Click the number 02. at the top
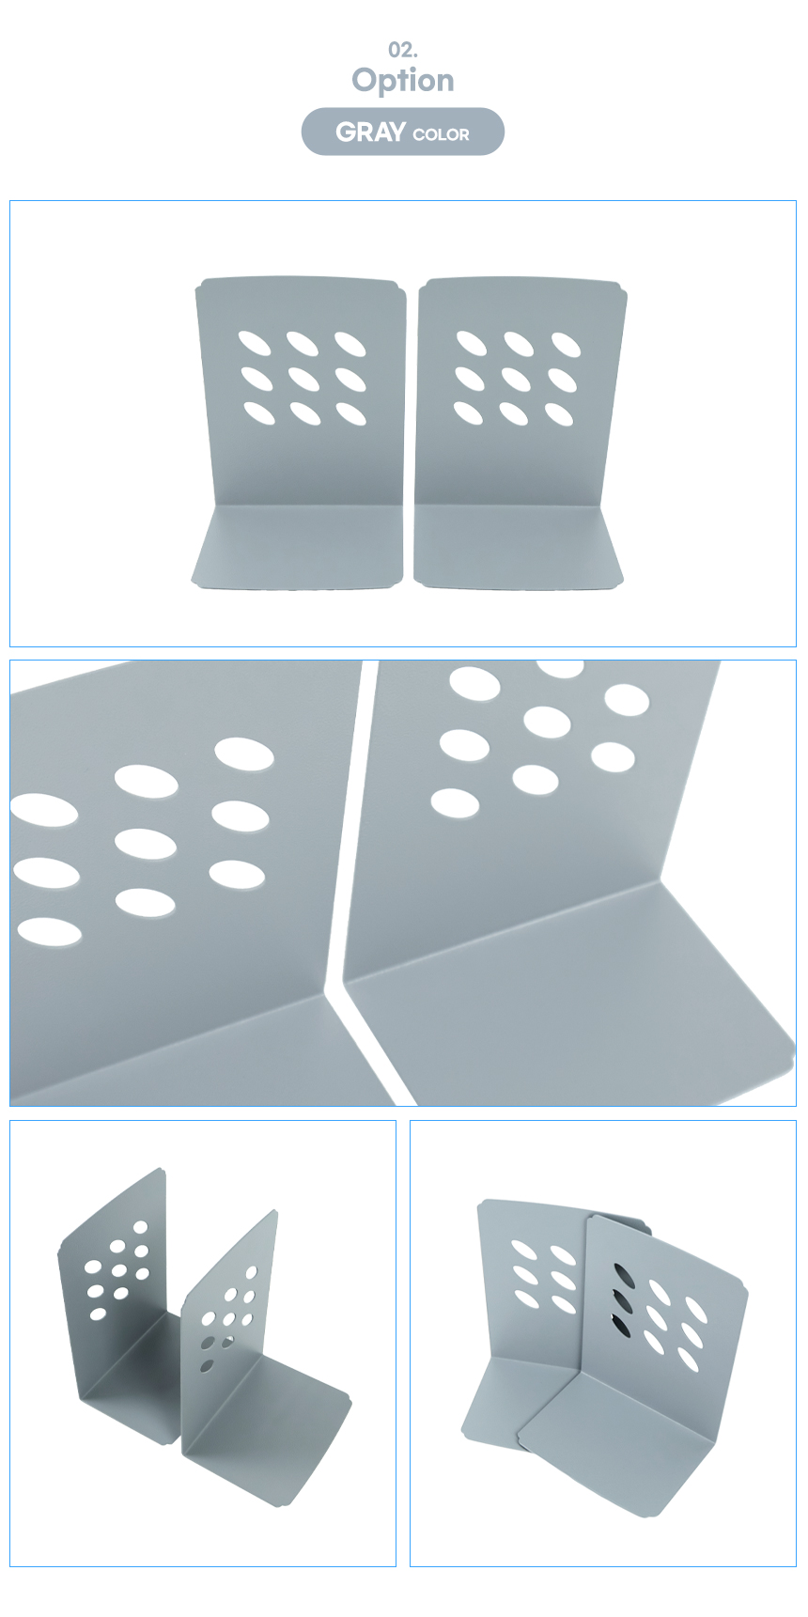pos(403,50)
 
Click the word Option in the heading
pos(403,81)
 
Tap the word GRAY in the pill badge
pos(370,132)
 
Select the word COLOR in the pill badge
pos(441,135)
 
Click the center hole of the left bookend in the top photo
pos(304,379)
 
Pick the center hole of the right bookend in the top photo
pos(516,379)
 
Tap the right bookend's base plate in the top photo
pos(519,548)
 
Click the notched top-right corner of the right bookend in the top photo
pos(620,287)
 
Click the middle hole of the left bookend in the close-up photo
pos(146,844)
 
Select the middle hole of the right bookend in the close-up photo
pos(547,723)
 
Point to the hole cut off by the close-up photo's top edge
pos(561,668)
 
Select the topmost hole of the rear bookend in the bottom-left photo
pos(141,1227)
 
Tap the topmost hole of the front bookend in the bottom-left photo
pos(252,1272)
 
